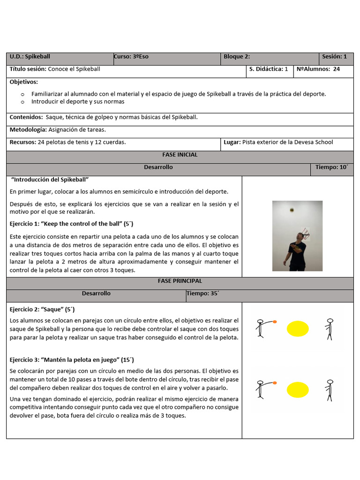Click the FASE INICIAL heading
click(x=180, y=155)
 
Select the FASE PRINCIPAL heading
click(x=180, y=281)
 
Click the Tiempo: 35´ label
click(x=203, y=293)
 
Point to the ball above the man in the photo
click(x=292, y=210)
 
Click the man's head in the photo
click(x=300, y=236)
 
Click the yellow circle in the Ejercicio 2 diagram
click(x=298, y=329)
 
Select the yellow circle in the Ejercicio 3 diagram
click(x=298, y=390)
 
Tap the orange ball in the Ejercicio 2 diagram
click(x=275, y=322)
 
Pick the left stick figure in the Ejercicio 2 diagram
click(x=260, y=329)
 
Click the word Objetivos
click(x=23, y=82)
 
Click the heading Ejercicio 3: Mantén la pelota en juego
click(x=72, y=360)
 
